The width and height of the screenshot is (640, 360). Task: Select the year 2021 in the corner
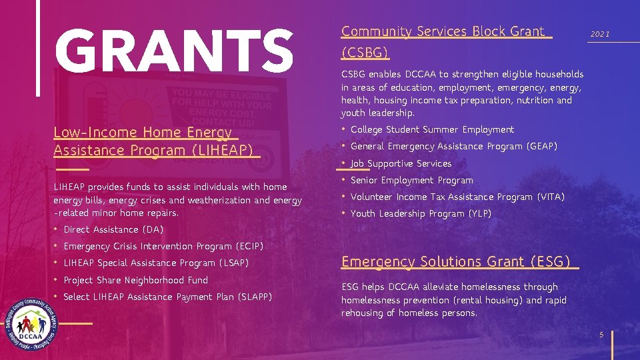pyautogui.click(x=600, y=34)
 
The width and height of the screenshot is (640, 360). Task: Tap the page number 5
pyautogui.click(x=601, y=335)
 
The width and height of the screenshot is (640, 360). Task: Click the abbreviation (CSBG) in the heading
pyautogui.click(x=365, y=52)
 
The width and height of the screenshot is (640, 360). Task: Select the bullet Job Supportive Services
pyautogui.click(x=401, y=163)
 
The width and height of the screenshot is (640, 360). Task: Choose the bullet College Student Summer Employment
pyautogui.click(x=432, y=129)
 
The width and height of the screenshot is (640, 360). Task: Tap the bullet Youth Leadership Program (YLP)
pyautogui.click(x=421, y=213)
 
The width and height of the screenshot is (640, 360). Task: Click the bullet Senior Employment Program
pyautogui.click(x=411, y=180)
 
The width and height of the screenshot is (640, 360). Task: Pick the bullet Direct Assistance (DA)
pyautogui.click(x=113, y=229)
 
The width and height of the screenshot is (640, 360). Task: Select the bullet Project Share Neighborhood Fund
pyautogui.click(x=135, y=280)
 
